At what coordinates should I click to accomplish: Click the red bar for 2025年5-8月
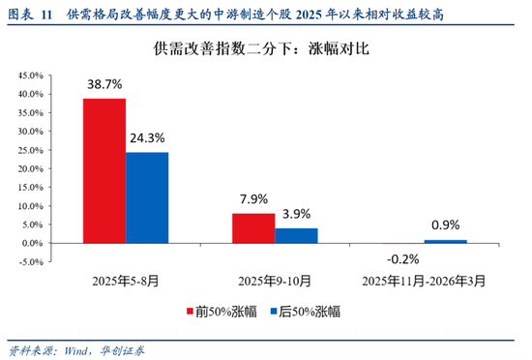point(103,170)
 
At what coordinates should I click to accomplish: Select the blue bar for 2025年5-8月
point(147,197)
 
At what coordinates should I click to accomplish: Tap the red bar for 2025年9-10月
point(253,227)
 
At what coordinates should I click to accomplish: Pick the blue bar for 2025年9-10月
point(296,235)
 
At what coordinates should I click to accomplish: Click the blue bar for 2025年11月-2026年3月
point(445,241)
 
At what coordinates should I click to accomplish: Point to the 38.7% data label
point(103,85)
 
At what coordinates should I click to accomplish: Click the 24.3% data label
point(148,139)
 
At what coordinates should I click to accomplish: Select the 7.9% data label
point(253,200)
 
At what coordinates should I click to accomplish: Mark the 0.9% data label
point(445,226)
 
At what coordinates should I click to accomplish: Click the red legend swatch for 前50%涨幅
point(191,312)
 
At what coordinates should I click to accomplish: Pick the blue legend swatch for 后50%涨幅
point(274,312)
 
